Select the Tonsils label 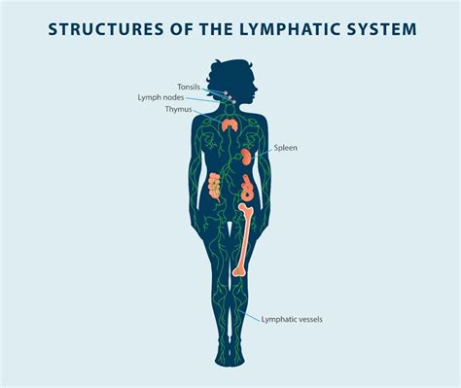point(190,87)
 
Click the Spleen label point(287,148)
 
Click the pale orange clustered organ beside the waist point(215,184)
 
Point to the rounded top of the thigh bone point(248,201)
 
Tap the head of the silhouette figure point(230,73)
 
